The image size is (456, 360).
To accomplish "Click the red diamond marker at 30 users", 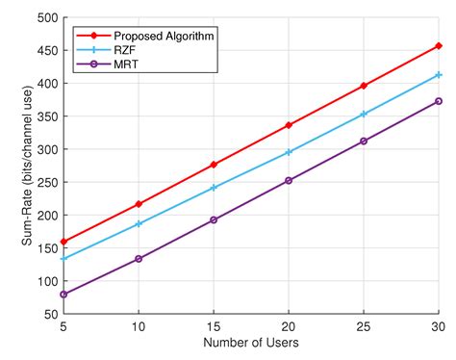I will click(x=439, y=45).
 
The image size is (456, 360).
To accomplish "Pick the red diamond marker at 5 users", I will click(x=63, y=242).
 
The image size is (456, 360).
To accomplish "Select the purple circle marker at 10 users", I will click(x=139, y=259).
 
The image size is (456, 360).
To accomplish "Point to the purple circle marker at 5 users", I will click(x=63, y=295).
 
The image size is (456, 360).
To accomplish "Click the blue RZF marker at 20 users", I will click(x=289, y=152).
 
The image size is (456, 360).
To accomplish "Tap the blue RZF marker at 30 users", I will click(x=439, y=74).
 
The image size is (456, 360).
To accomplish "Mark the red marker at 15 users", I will click(x=214, y=165).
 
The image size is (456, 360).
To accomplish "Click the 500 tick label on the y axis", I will click(x=42, y=17).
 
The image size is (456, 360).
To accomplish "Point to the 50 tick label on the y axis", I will click(x=46, y=314).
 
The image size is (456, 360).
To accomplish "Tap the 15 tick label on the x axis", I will click(x=214, y=328).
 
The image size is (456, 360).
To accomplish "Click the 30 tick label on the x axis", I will click(x=438, y=328).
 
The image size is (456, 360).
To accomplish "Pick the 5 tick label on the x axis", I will click(x=63, y=328).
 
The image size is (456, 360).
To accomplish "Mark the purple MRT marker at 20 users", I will click(x=289, y=180).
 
